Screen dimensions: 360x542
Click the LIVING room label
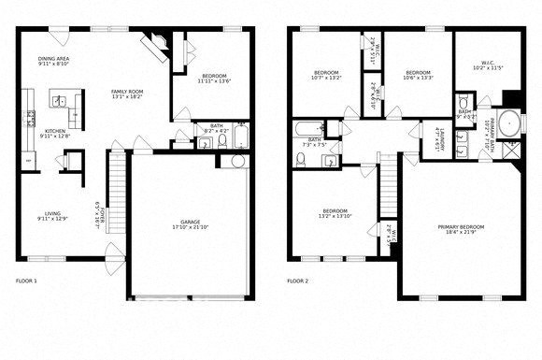52,215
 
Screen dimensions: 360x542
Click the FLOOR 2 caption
298,280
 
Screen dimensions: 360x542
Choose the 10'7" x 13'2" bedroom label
326,75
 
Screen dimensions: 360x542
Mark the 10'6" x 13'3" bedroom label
419,75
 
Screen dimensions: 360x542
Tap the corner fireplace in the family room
155,44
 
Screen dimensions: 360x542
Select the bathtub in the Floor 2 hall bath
307,132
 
